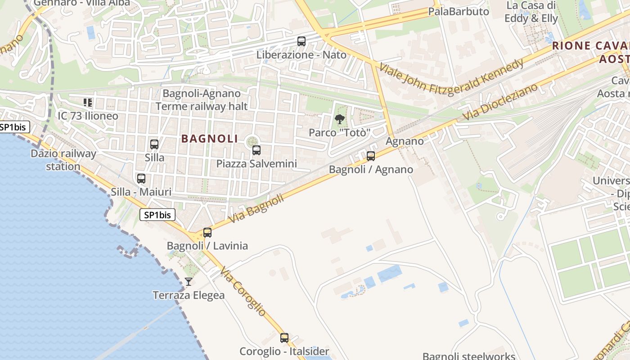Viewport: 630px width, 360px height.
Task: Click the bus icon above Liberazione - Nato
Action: click(x=301, y=41)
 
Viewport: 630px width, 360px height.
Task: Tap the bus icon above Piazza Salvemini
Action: click(x=256, y=150)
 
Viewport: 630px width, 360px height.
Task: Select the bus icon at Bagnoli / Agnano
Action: click(x=371, y=156)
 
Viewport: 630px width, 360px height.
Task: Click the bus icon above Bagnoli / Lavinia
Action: click(x=207, y=233)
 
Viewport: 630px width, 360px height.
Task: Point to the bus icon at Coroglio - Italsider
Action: click(x=284, y=337)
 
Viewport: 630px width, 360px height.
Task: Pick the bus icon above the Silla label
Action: click(x=154, y=144)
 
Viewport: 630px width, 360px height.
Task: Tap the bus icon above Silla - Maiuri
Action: click(x=141, y=179)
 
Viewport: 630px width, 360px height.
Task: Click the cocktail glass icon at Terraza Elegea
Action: click(x=189, y=282)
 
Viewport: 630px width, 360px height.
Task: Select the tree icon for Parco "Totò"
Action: click(x=340, y=119)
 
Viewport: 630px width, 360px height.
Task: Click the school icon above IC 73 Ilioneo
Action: click(x=88, y=103)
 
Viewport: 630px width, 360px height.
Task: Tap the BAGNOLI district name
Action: click(x=210, y=139)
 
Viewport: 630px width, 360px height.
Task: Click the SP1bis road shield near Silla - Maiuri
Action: click(x=157, y=215)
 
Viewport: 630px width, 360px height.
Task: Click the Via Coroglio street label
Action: click(x=243, y=291)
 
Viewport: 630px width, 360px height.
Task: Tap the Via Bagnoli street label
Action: click(x=256, y=208)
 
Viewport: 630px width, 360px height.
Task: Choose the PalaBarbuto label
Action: click(x=459, y=11)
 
